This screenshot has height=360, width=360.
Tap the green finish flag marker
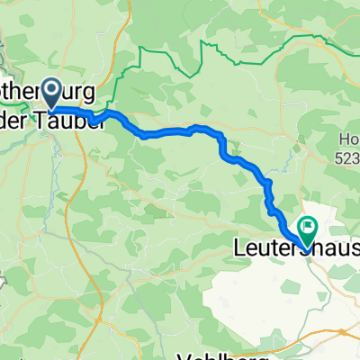(x=308, y=231)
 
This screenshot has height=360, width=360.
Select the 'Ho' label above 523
(x=348, y=138)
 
